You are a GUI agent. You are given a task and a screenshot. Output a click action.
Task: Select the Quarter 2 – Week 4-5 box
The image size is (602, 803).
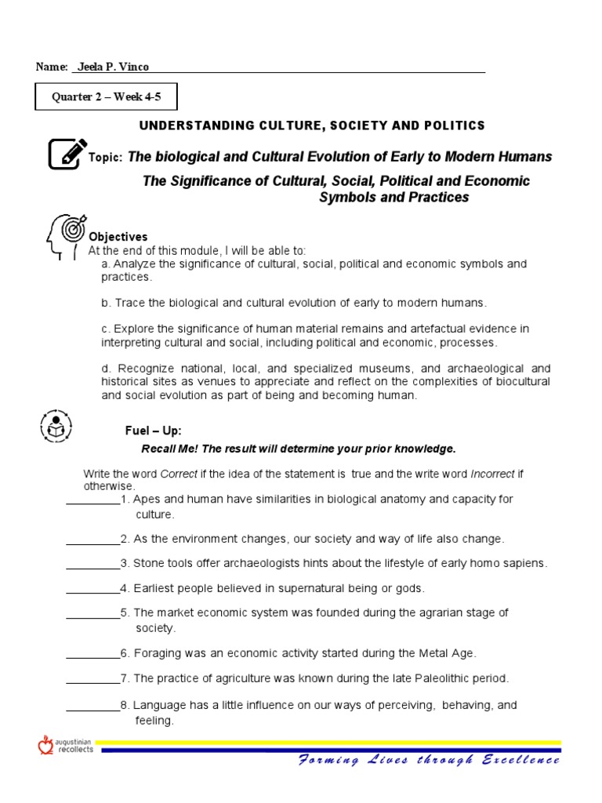tap(107, 97)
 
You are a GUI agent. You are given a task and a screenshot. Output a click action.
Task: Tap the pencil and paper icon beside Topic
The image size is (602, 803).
tap(67, 154)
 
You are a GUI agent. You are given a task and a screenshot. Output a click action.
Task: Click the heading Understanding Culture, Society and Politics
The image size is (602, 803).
tap(312, 125)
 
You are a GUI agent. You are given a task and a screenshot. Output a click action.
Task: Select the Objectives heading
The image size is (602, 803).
tap(118, 237)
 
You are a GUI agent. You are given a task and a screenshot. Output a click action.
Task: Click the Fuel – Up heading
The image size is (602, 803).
tap(154, 431)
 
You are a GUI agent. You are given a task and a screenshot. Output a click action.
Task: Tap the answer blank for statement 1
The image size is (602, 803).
tap(92, 500)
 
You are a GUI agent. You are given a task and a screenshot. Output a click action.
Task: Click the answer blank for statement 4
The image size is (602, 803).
tap(92, 589)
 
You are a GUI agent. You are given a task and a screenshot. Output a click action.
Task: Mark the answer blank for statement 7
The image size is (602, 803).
tap(92, 678)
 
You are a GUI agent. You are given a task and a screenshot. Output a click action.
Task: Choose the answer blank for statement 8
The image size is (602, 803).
tap(92, 706)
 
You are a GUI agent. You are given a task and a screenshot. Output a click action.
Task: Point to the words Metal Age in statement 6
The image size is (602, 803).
tap(450, 652)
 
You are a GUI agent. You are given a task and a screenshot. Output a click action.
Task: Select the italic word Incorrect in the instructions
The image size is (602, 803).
tap(491, 474)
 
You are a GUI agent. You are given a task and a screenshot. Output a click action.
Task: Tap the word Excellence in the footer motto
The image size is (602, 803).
tap(520, 760)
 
